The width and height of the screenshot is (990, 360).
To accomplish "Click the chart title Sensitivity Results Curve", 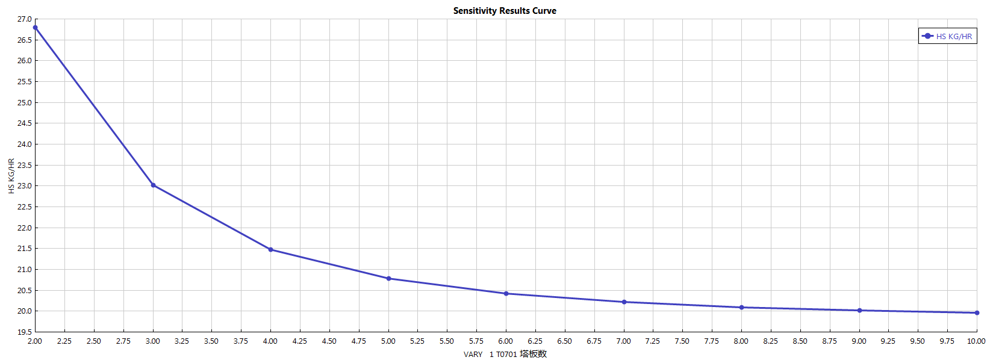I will point(505,11).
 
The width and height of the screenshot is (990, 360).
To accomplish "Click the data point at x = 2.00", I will point(36,28).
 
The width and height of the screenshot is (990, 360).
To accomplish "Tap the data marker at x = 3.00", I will point(153,185).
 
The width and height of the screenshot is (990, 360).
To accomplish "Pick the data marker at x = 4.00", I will point(270,249).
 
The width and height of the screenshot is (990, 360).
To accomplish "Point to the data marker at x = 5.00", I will point(388,279).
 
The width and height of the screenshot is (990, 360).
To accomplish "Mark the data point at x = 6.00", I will point(506,294).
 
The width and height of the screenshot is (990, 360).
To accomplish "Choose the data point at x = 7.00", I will point(624,302).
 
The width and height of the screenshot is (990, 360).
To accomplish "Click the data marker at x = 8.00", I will point(741,308).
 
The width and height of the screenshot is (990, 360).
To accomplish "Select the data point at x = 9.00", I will point(859,311).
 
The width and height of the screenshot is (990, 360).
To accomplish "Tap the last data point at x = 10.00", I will point(977,313).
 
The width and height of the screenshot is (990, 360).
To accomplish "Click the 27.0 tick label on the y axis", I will point(24,19).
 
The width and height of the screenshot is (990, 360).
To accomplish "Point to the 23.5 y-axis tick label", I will point(24,165).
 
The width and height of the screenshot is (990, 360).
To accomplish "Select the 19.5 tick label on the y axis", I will point(24,332).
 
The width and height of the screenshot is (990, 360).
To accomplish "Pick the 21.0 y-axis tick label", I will point(24,269).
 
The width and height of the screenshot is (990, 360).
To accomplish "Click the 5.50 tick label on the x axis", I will point(447,341).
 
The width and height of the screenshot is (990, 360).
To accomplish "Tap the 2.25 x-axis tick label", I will point(64,341).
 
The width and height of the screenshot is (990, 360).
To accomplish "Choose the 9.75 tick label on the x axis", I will point(947,341).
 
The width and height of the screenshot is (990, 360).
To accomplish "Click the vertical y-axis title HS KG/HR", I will point(11,176).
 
